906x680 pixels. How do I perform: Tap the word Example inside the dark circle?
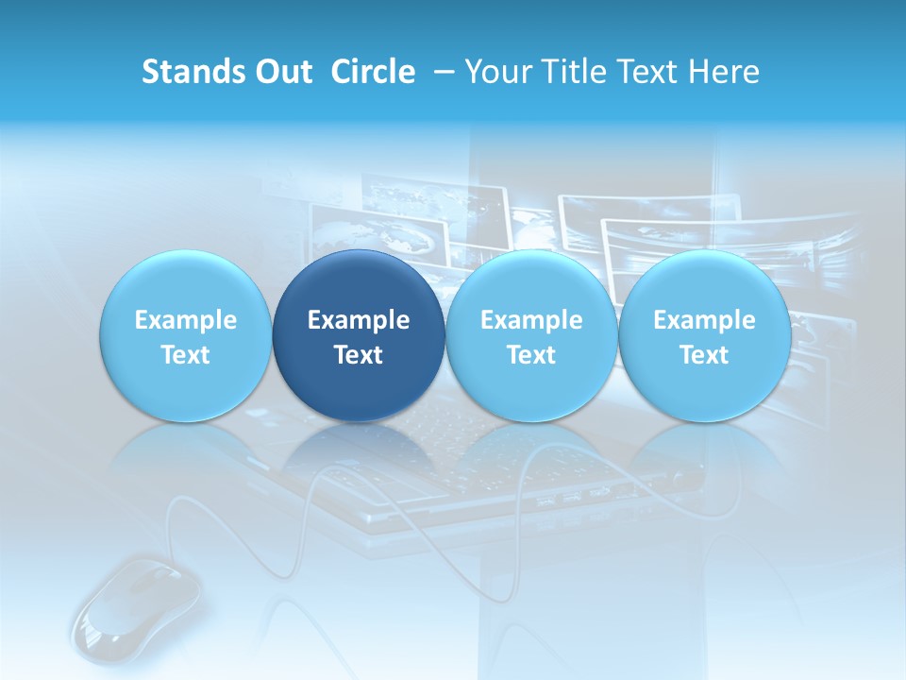tap(359, 320)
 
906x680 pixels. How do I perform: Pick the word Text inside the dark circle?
tap(359, 355)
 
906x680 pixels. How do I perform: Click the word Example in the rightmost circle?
tap(704, 320)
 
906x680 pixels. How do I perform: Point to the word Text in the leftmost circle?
tap(185, 355)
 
